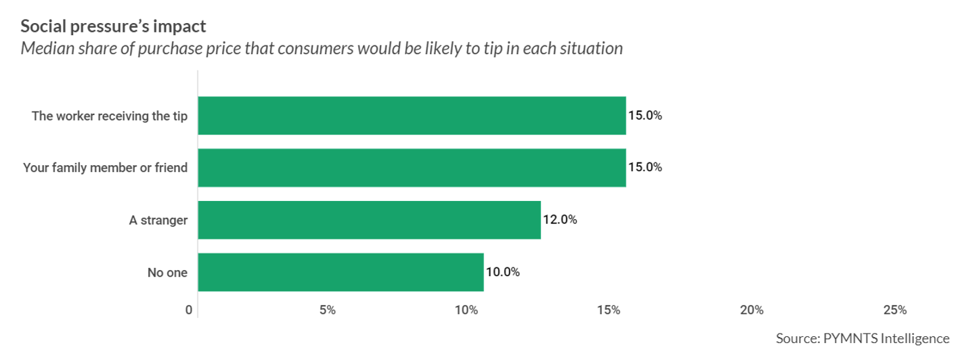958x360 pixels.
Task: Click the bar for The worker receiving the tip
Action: click(412, 116)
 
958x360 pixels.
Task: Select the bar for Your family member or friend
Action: click(412, 168)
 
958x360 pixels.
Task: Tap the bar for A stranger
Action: click(369, 220)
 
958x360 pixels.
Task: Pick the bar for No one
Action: click(341, 272)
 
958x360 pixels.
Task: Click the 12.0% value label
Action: click(560, 220)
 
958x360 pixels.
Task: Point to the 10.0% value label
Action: click(502, 272)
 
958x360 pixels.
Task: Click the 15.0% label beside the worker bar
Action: click(645, 116)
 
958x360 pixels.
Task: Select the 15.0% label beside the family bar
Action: click(645, 168)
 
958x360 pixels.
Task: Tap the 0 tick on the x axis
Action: click(188, 311)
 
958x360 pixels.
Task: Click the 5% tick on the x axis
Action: click(328, 311)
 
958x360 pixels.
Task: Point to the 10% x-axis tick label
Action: click(466, 311)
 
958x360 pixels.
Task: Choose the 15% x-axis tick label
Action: click(609, 311)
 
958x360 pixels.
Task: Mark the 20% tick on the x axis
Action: click(752, 311)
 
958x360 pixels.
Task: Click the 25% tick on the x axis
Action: click(895, 311)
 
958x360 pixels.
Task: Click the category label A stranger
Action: click(158, 220)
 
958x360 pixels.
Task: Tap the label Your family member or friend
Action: click(105, 168)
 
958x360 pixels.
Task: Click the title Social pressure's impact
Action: click(113, 27)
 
